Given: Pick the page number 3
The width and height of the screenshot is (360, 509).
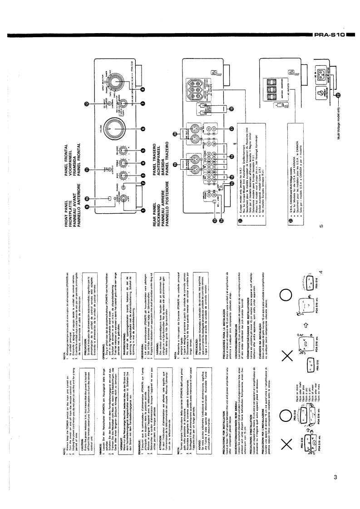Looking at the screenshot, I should tap(335, 476).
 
